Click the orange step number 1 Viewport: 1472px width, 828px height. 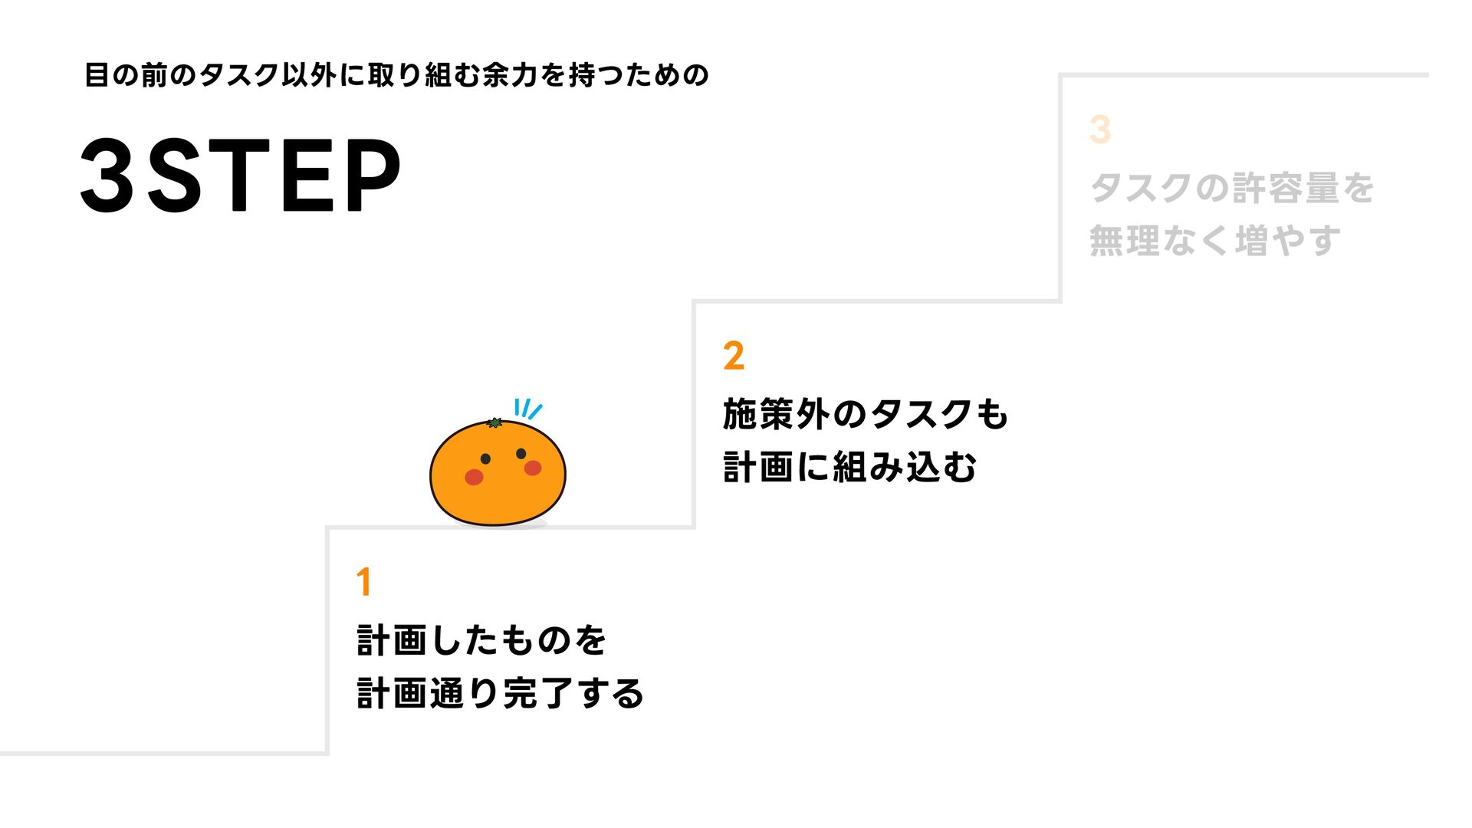[x=364, y=582]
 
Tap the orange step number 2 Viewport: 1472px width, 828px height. [x=734, y=356]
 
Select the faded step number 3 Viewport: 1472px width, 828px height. [x=1100, y=130]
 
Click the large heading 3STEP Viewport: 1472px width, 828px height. [x=240, y=176]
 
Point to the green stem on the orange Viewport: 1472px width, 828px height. [x=495, y=422]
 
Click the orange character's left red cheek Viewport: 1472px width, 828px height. [x=474, y=477]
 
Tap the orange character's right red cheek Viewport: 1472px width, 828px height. [x=533, y=468]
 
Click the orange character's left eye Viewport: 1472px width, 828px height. [x=485, y=458]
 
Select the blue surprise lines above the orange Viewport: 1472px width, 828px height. [x=527, y=409]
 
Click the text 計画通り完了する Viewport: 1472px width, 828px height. [x=500, y=693]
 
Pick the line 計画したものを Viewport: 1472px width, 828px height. [x=481, y=640]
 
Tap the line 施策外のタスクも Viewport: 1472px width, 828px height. [x=865, y=415]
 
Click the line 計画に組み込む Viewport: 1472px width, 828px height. [x=849, y=467]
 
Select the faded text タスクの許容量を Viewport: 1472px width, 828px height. [x=1231, y=189]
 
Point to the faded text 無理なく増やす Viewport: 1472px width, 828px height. [x=1214, y=241]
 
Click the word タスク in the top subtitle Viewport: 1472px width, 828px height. [x=238, y=75]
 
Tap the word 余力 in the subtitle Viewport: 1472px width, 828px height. [x=511, y=75]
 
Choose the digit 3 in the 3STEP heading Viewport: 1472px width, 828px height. [x=108, y=176]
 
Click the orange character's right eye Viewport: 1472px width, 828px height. [x=521, y=453]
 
